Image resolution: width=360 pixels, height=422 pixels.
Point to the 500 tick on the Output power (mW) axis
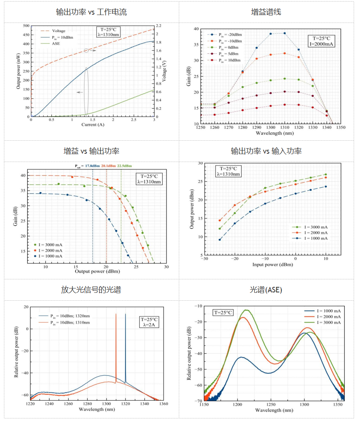point(26,26)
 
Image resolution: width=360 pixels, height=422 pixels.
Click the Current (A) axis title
point(92,125)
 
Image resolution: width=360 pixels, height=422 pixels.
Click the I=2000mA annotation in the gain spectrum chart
point(321,44)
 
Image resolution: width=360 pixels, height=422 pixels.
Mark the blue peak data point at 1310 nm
point(284,33)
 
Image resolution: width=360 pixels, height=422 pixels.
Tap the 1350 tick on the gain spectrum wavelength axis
point(340,128)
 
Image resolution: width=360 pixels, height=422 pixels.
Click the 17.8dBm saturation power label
point(91,166)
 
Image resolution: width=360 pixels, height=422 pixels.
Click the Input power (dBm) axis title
point(272,264)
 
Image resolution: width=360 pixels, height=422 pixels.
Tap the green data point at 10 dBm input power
point(326,174)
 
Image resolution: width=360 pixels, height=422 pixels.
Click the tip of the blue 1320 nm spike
point(126,314)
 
